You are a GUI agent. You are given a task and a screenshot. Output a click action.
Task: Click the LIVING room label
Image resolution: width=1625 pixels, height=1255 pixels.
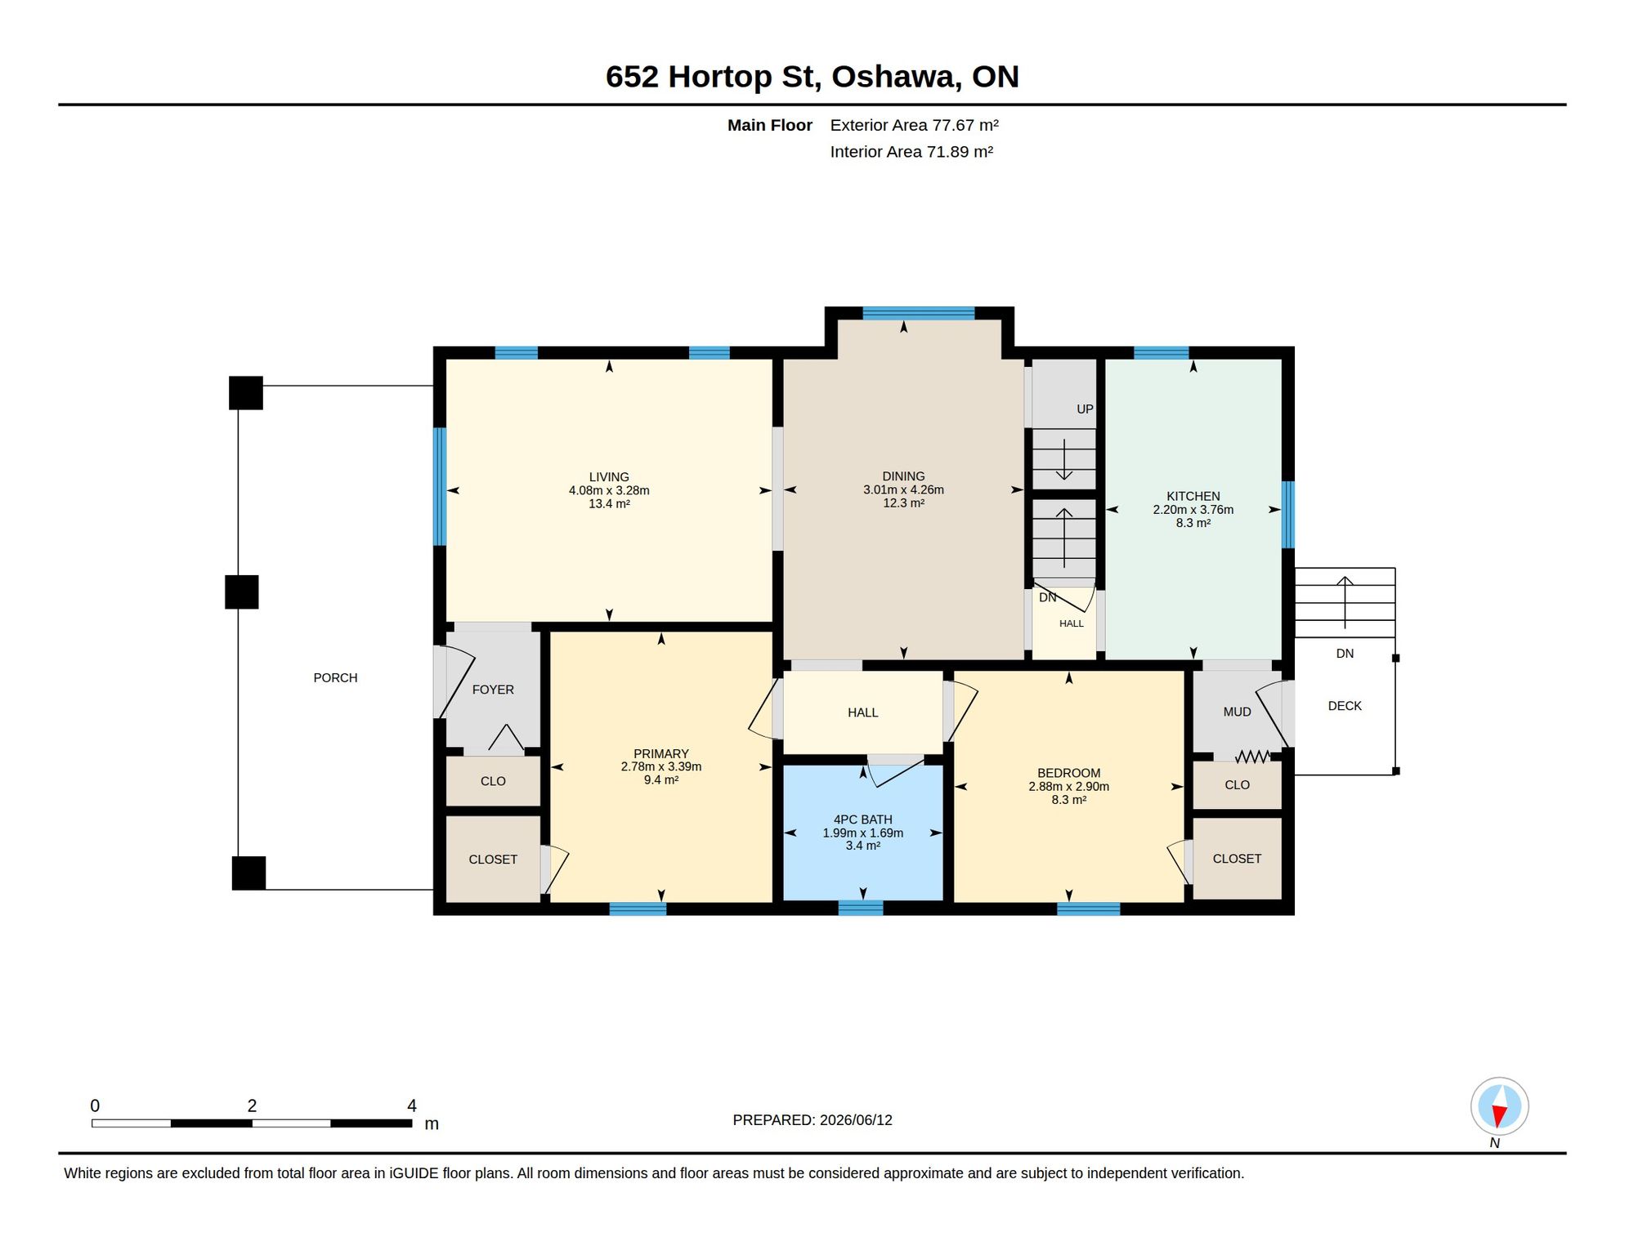tap(609, 477)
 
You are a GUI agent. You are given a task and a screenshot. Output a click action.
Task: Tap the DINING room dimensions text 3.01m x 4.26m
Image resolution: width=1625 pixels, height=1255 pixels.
tap(903, 490)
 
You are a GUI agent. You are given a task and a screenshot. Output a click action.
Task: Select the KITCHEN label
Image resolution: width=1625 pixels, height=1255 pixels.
tap(1193, 497)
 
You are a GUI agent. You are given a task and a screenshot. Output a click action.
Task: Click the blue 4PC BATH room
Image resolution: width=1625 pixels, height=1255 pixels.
tap(863, 833)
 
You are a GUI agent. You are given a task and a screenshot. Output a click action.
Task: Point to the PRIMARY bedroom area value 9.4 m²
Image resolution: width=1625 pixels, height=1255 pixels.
tap(661, 780)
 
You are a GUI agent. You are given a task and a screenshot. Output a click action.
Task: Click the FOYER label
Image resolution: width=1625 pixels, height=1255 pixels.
tap(493, 690)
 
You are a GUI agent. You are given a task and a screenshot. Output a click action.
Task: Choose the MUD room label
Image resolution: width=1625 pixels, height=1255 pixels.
tap(1237, 712)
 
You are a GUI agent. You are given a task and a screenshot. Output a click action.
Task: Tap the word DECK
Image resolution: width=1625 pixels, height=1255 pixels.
tap(1345, 706)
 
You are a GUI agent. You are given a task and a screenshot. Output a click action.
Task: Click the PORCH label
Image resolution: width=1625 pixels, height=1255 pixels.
tap(335, 678)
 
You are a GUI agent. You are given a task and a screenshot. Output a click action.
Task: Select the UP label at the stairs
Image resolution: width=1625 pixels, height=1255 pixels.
tap(1085, 409)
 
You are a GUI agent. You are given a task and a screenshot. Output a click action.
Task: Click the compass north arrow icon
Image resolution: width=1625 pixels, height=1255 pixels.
tap(1499, 1106)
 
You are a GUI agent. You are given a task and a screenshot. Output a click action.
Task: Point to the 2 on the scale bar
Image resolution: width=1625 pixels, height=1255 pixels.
tap(252, 1105)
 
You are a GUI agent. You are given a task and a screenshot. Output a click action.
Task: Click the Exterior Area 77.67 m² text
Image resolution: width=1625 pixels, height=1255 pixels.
tap(914, 125)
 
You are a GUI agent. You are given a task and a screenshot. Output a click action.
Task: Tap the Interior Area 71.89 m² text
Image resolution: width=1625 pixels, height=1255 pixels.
tap(911, 152)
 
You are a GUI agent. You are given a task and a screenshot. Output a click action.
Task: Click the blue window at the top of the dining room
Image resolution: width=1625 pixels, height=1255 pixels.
tap(919, 313)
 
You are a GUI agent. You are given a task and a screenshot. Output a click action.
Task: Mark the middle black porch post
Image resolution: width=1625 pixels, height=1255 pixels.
tap(242, 592)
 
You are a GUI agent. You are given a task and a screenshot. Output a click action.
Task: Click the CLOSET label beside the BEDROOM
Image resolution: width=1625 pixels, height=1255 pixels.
tap(1237, 859)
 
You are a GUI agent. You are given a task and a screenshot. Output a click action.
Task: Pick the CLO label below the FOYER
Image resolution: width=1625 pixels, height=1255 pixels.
tap(493, 781)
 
